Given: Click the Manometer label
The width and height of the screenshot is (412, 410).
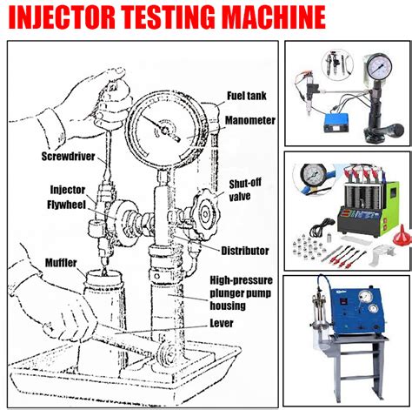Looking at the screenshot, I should [249, 120].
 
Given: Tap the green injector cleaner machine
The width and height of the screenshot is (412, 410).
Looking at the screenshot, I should [362, 199].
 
